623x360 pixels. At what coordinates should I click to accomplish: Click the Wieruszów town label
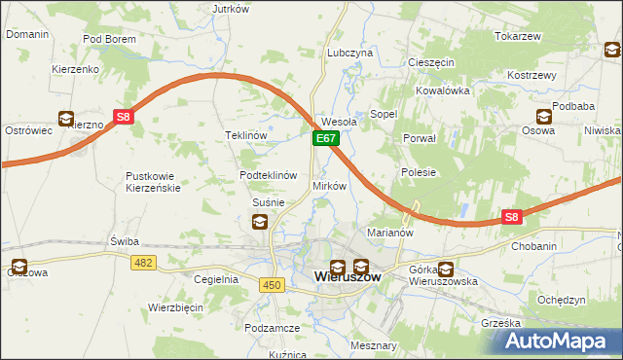(348, 277)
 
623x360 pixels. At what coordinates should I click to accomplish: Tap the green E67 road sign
(325, 141)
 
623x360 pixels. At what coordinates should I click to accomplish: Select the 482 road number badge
(144, 263)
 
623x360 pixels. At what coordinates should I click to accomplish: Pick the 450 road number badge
(273, 284)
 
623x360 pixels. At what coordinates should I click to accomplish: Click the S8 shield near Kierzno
(124, 118)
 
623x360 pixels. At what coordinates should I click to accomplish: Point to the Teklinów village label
(245, 136)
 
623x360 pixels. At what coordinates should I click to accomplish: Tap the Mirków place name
(329, 186)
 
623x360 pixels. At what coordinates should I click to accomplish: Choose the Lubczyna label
(350, 54)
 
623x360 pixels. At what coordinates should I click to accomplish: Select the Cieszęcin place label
(431, 62)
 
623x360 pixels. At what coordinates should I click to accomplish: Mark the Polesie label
(418, 172)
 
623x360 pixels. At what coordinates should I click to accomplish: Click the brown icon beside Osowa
(545, 117)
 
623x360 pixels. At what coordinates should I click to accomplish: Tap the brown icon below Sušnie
(260, 222)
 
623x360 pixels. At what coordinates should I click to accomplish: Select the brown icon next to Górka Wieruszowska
(446, 270)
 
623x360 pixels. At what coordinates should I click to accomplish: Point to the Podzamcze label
(272, 329)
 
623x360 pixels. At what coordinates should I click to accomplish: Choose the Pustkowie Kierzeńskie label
(153, 182)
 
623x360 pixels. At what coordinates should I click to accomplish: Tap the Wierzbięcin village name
(175, 306)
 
